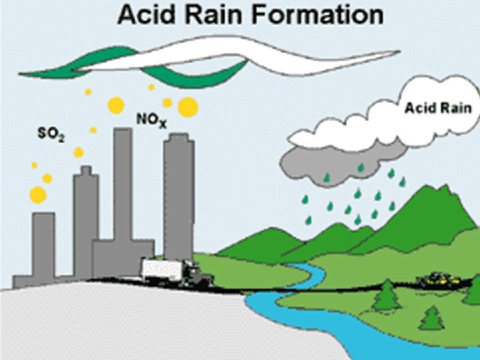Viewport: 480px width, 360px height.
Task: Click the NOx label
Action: click(x=151, y=120)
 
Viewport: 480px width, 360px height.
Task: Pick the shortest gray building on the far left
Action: click(x=43, y=247)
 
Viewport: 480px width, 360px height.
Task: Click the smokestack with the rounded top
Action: click(x=179, y=193)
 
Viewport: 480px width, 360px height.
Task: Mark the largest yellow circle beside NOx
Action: click(x=188, y=107)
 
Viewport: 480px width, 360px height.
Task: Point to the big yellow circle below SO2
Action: click(x=38, y=195)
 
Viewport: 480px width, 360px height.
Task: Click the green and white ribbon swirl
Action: click(x=207, y=57)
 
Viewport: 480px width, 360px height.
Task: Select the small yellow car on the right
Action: click(x=437, y=277)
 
